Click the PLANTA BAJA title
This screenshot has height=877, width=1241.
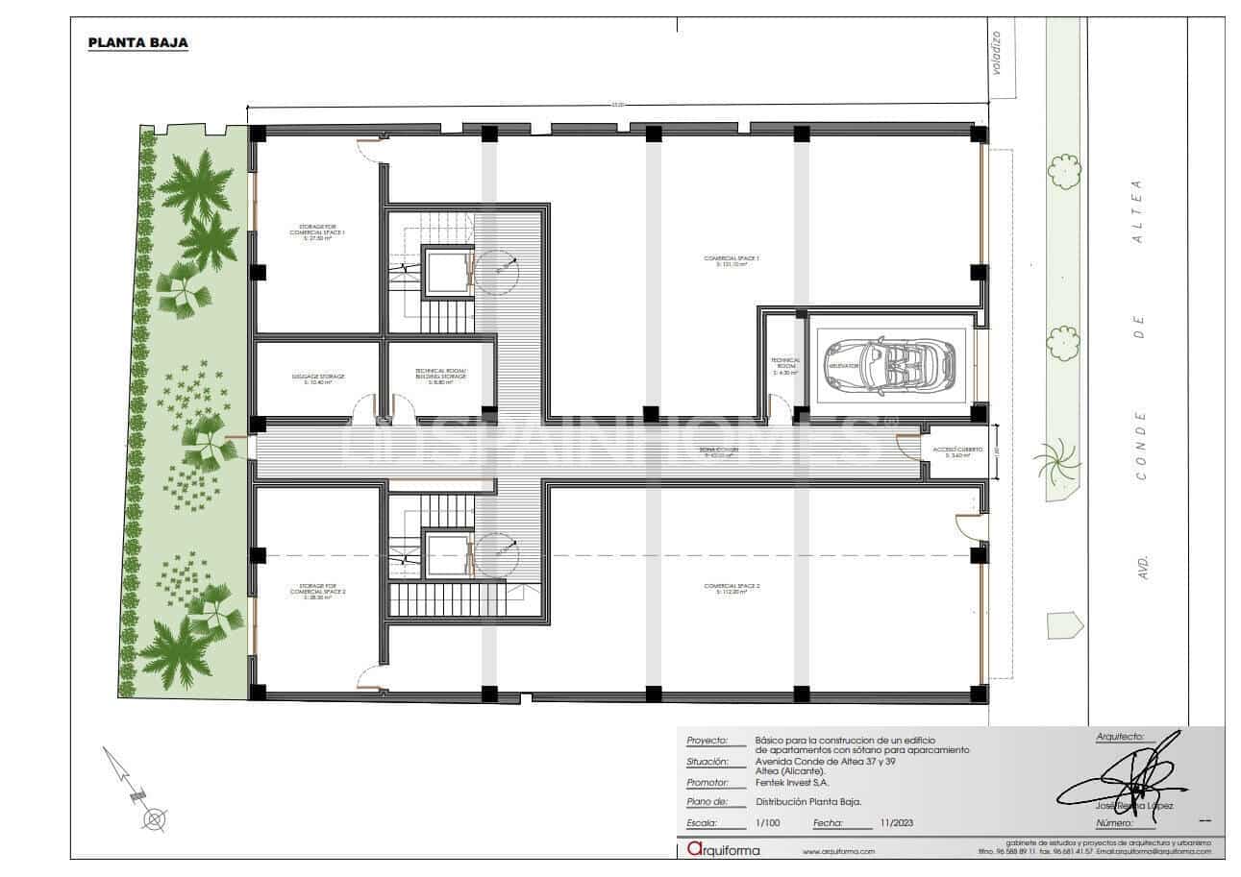tap(137, 43)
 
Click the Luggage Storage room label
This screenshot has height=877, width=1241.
tap(317, 378)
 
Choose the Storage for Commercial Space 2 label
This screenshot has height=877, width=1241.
tap(317, 591)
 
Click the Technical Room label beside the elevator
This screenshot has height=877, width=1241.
tap(784, 366)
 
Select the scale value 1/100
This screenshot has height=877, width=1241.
tap(768, 823)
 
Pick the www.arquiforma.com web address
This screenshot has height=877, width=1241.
tap(838, 852)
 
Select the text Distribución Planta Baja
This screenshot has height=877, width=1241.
tap(807, 801)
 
